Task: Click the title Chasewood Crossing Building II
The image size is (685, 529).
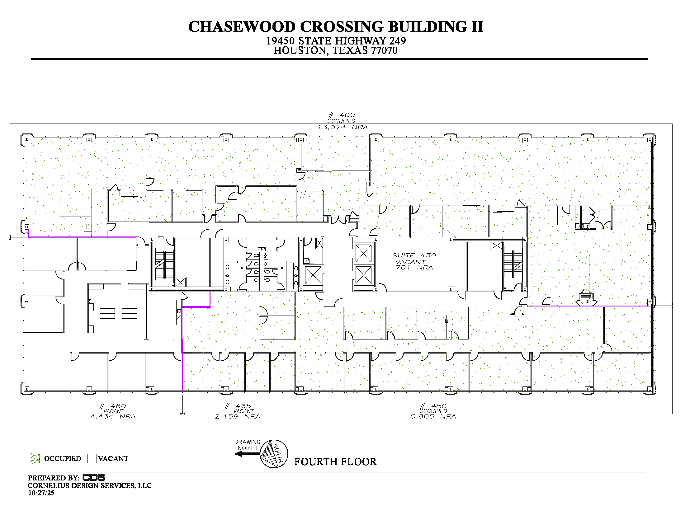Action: click(336, 27)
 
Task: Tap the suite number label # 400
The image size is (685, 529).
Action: click(342, 115)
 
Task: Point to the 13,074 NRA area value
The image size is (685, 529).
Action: click(342, 127)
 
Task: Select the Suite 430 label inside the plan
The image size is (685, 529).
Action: click(414, 255)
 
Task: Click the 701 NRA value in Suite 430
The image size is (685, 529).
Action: click(414, 268)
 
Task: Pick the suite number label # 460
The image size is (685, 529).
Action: click(113, 406)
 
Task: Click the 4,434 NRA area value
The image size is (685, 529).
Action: click(113, 417)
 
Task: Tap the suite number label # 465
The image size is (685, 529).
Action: click(238, 406)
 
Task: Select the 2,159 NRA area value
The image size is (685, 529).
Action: click(238, 417)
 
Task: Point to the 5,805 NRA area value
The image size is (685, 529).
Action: click(433, 417)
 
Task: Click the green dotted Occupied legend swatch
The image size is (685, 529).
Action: click(35, 458)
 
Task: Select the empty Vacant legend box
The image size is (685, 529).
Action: click(92, 458)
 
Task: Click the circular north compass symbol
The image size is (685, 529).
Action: click(274, 454)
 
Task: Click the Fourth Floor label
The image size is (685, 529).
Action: click(335, 462)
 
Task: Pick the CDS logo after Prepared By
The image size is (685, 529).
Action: click(94, 478)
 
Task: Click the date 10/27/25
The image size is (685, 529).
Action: click(41, 493)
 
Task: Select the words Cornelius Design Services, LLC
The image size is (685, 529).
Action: click(90, 486)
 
